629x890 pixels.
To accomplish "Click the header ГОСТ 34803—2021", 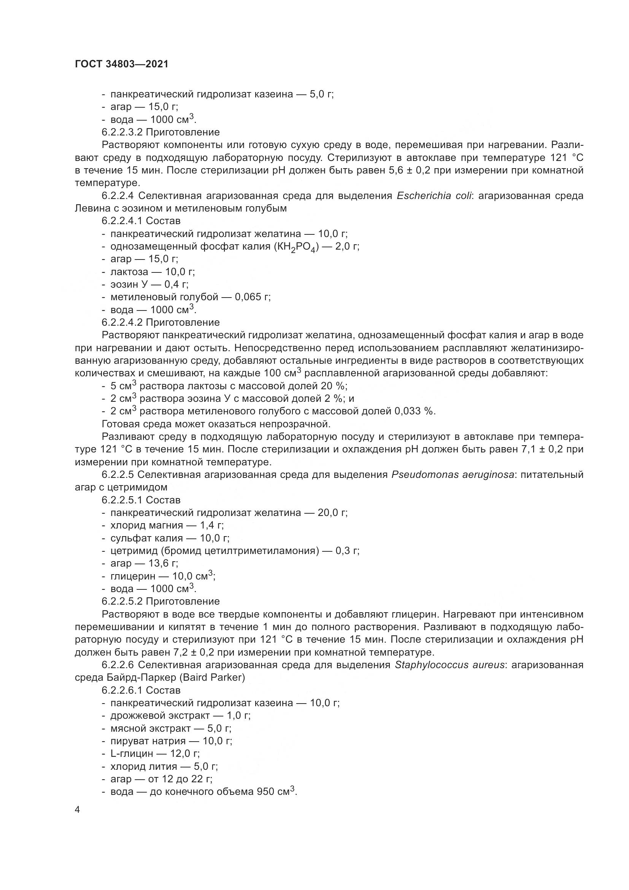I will coord(122,64).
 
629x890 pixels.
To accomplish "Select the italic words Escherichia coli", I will coord(434,196).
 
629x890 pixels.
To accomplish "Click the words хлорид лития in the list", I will coord(144,767).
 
